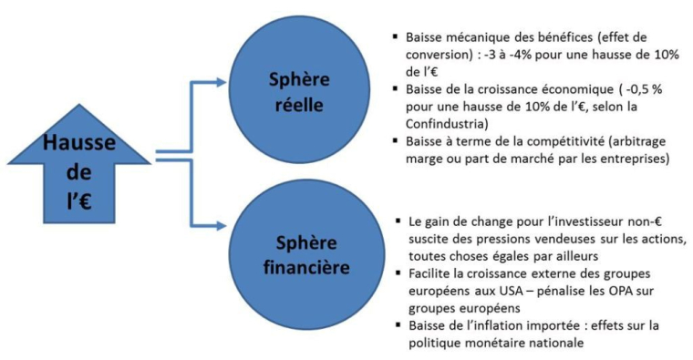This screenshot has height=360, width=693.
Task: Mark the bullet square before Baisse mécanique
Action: (394, 37)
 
